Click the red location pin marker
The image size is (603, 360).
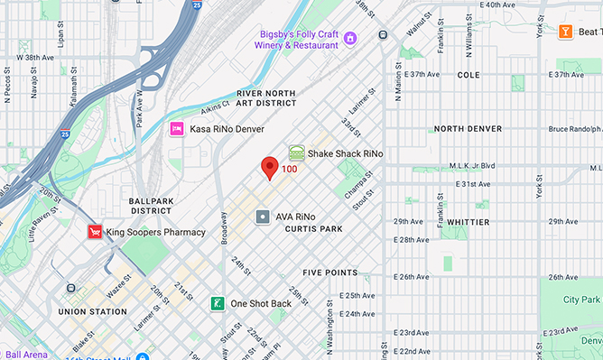click(269, 168)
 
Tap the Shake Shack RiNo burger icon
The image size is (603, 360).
click(296, 153)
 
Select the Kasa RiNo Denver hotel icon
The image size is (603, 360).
click(178, 129)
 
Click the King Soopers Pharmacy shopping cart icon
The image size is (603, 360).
click(94, 232)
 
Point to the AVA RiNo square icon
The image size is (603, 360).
click(263, 217)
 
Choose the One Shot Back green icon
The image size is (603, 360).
click(218, 303)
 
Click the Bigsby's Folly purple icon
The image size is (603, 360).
click(350, 37)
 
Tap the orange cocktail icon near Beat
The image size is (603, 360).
click(566, 32)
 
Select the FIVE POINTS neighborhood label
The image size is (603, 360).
click(329, 272)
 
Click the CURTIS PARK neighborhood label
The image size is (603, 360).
click(313, 229)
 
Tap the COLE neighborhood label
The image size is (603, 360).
click(468, 75)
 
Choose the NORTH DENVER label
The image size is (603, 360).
click(468, 129)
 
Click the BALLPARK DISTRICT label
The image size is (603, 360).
click(150, 205)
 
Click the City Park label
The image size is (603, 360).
click(581, 299)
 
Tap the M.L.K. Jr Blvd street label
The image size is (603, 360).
click(473, 166)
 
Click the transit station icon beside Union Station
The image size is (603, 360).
click(71, 288)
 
